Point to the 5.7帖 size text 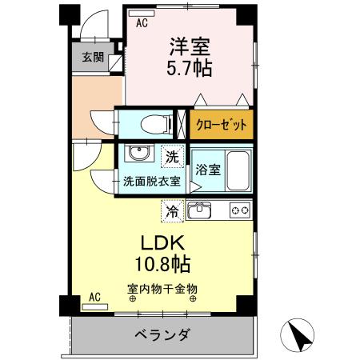click(190, 69)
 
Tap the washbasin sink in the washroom click(137, 154)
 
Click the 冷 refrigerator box click(171, 211)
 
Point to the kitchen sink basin click(199, 211)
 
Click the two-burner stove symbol click(240, 211)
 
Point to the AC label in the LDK click(94, 298)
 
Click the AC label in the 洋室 click(142, 22)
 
